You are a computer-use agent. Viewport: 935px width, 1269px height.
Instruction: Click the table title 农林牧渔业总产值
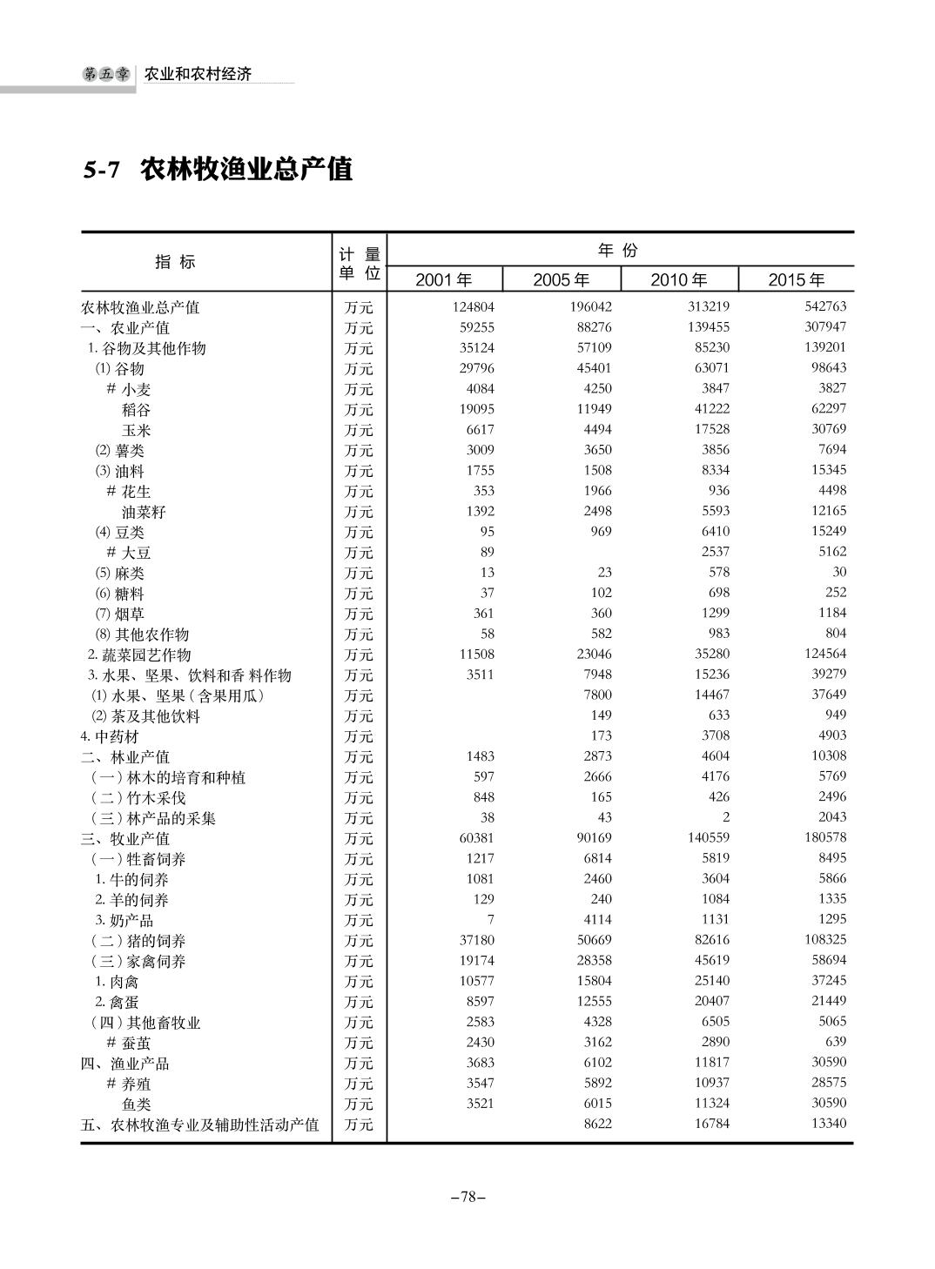click(246, 170)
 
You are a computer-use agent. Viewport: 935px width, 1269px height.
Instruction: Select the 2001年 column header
click(444, 279)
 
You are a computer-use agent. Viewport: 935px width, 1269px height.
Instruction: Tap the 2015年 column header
click(796, 279)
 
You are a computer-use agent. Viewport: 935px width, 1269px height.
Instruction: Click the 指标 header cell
click(175, 261)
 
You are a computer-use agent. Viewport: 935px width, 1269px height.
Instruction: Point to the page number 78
click(467, 1197)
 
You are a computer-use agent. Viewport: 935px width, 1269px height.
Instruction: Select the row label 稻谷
click(136, 409)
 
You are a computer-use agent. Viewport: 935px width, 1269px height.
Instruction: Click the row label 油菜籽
click(143, 512)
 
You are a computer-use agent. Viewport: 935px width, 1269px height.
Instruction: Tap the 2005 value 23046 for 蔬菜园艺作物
click(591, 654)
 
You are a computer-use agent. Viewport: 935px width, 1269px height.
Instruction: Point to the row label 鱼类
click(136, 1104)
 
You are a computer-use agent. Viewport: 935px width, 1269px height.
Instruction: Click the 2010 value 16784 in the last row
click(709, 1124)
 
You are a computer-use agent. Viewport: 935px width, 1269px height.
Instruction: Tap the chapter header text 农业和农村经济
click(198, 75)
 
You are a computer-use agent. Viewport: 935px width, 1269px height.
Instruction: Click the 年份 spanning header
click(618, 251)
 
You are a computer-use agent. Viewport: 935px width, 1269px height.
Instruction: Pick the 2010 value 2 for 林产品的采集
click(726, 817)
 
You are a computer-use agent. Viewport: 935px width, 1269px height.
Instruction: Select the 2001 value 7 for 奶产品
click(490, 919)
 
